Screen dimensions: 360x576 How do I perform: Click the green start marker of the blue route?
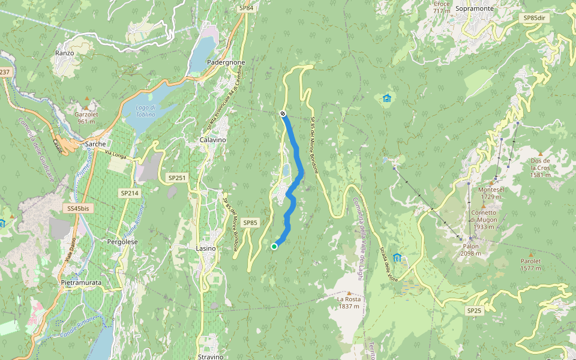[x=274, y=246]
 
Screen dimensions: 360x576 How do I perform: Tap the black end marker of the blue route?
[x=283, y=113]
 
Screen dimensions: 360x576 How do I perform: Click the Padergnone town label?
[x=226, y=62]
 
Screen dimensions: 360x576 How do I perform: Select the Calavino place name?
[x=212, y=140]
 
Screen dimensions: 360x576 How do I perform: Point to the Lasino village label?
[x=206, y=248]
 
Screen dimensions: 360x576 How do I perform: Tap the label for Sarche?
[x=95, y=144]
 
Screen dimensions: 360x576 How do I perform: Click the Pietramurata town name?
[x=81, y=282]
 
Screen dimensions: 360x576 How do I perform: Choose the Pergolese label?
[x=122, y=241]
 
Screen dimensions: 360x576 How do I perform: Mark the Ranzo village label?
[x=64, y=53]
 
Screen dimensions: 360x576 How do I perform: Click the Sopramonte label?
[x=474, y=9]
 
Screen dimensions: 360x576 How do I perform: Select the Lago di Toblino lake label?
[x=145, y=111]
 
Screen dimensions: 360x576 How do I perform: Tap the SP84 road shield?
[x=246, y=8]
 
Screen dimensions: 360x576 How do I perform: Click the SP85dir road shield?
[x=534, y=18]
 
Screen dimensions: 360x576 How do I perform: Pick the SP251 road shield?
[x=178, y=178]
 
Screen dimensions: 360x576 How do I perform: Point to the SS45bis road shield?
[x=78, y=208]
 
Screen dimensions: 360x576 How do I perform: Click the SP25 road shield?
[x=474, y=310]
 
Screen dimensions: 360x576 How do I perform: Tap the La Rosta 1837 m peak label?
[x=348, y=302]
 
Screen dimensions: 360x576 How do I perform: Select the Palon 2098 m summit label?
[x=470, y=250]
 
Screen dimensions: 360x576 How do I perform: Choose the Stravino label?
[x=211, y=356]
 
